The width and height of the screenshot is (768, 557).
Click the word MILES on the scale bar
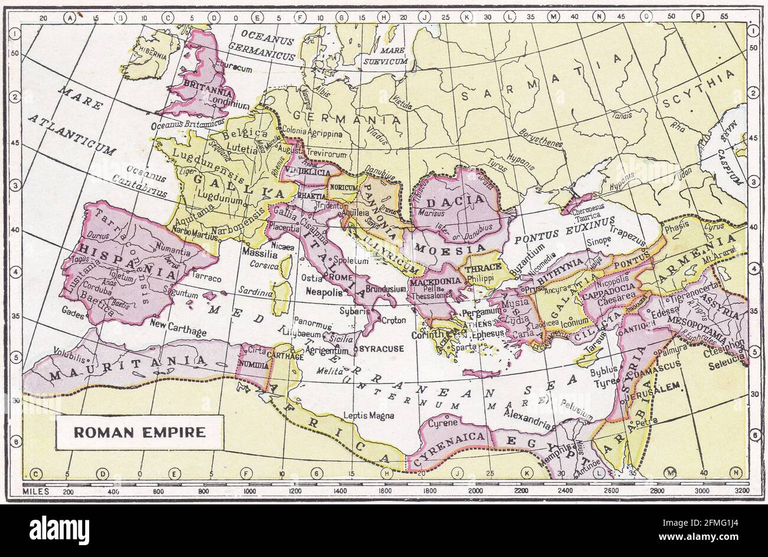(x=34, y=491)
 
